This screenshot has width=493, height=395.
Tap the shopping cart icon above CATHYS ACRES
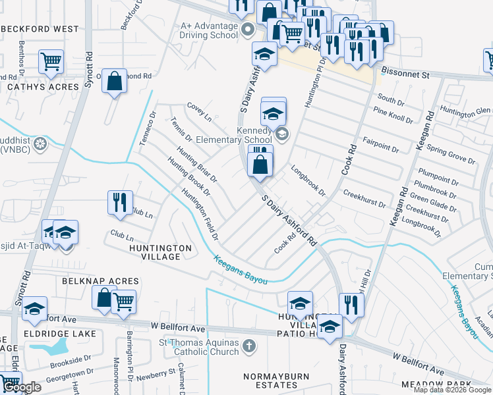click(51, 62)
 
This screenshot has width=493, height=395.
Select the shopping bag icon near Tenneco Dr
click(115, 82)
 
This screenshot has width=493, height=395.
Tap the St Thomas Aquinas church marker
click(248, 345)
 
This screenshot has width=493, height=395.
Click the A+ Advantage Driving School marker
click(248, 29)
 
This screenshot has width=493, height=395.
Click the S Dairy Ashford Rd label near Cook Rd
click(289, 221)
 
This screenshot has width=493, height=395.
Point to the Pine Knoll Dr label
click(393, 116)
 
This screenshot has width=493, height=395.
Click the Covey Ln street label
click(199, 112)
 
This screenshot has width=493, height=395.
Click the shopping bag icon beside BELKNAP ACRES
click(104, 298)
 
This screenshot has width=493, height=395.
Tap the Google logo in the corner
click(22, 388)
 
